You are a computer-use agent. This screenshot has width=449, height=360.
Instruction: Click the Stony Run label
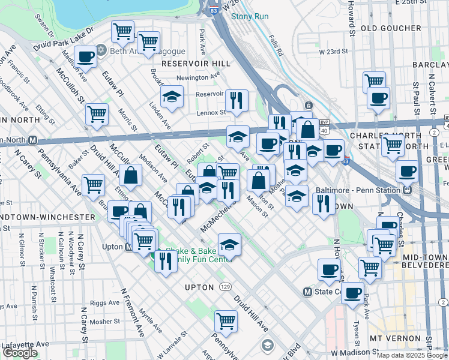click(x=250, y=16)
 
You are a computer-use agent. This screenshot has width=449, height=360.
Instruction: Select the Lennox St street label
click(x=210, y=112)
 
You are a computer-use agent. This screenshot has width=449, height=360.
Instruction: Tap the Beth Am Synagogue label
click(x=137, y=51)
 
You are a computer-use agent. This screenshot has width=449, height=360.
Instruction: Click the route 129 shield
click(x=224, y=287)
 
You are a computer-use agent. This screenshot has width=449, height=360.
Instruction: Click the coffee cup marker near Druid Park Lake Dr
click(x=86, y=57)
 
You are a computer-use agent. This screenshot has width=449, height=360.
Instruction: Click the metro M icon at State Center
click(x=308, y=292)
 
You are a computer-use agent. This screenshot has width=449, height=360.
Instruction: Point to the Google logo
click(x=20, y=353)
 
